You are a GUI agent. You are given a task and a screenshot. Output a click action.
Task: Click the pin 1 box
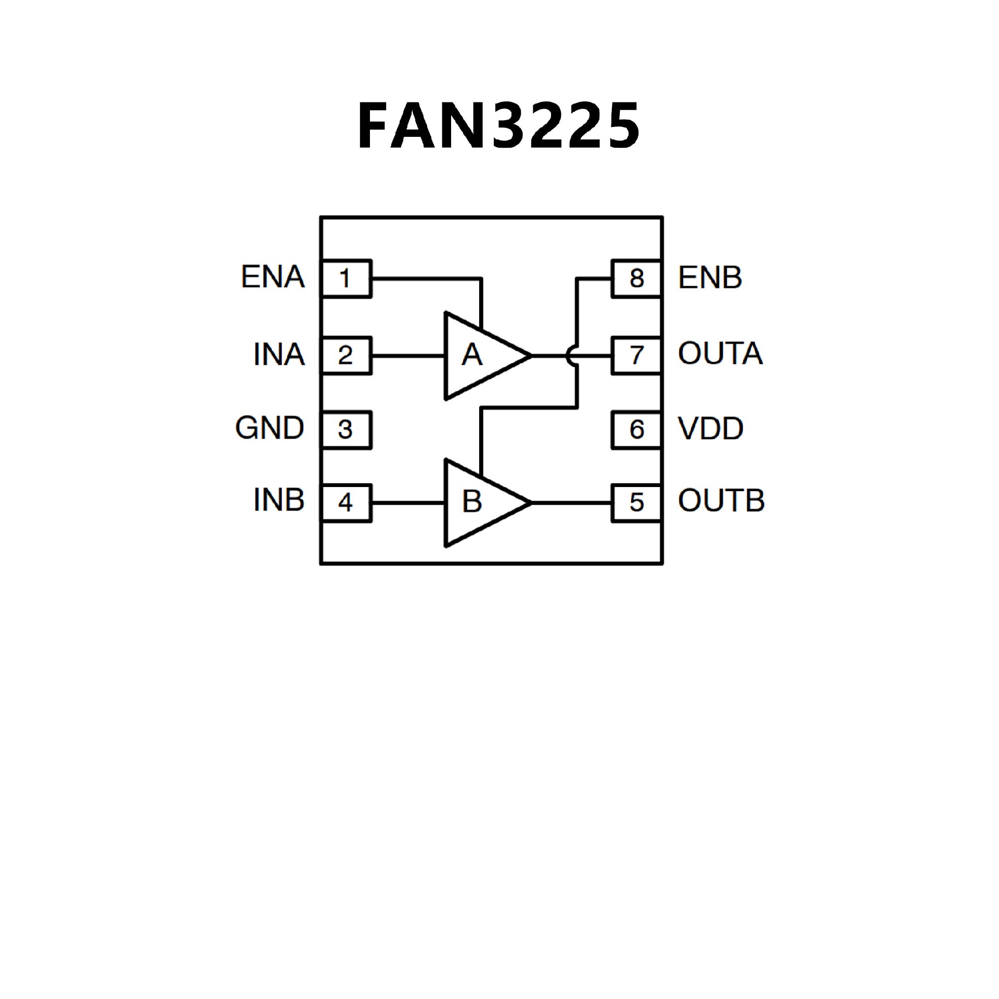(346, 278)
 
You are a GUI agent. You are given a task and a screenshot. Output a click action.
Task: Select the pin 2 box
(346, 355)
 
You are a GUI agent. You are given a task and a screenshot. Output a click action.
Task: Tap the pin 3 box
(346, 429)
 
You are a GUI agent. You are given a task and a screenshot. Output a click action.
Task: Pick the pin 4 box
(346, 502)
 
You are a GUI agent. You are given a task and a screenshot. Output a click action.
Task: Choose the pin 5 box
(637, 502)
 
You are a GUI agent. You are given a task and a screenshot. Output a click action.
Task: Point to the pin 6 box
(637, 429)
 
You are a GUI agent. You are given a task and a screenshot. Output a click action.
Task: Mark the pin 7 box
(637, 355)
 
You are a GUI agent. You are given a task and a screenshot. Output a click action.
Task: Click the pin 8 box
(637, 278)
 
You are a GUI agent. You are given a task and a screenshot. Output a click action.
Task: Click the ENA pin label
(273, 277)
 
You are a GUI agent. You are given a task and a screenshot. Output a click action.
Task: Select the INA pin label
(279, 355)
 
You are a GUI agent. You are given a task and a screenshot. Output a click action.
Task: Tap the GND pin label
(270, 428)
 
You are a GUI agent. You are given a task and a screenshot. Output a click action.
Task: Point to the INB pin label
(279, 501)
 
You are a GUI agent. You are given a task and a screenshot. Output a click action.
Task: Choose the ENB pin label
(710, 277)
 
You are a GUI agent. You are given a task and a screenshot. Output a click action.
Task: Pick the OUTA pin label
(720, 354)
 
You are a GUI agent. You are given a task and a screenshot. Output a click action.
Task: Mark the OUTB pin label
(721, 501)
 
